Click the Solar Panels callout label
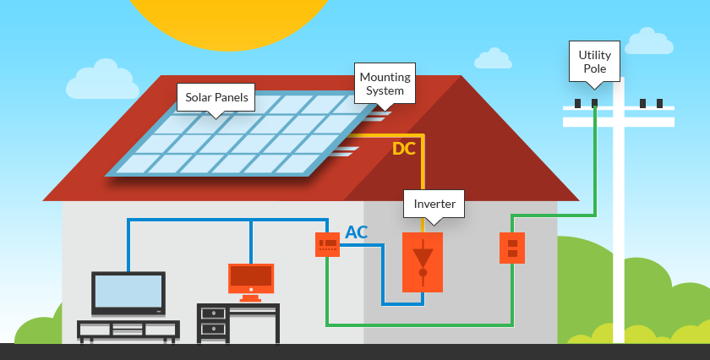tap(217, 97)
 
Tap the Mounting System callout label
tap(385, 84)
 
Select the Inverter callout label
tap(434, 205)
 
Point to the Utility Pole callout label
tap(594, 61)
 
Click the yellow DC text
tap(404, 150)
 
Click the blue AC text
tap(357, 232)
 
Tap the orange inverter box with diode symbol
tap(423, 262)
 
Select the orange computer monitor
tap(251, 278)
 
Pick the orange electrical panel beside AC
tap(327, 244)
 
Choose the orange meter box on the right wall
tap(511, 248)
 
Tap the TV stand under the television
tap(128, 330)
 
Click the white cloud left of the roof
tap(102, 81)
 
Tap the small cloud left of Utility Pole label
tap(493, 59)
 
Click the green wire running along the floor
tap(418, 325)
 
